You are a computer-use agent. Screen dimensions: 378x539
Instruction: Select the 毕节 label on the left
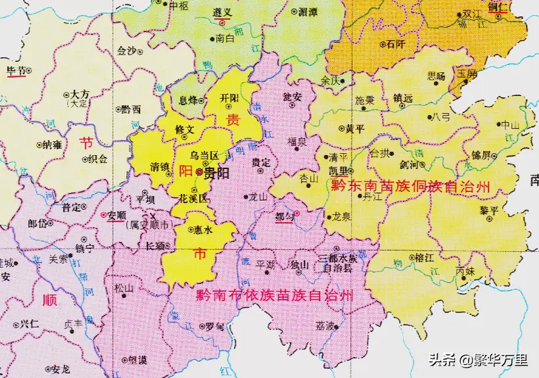coord(16,70)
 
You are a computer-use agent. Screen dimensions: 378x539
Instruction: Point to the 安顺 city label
coord(116,214)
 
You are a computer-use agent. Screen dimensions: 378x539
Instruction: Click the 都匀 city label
coord(285,215)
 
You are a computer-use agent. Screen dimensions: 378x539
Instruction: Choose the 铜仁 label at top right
coord(499,6)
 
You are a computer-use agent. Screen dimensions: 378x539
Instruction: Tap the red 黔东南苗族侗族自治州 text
coord(411,187)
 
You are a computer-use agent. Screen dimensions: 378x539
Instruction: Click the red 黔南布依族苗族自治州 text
coord(274,296)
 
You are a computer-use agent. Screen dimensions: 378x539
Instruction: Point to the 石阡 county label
coord(396,45)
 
